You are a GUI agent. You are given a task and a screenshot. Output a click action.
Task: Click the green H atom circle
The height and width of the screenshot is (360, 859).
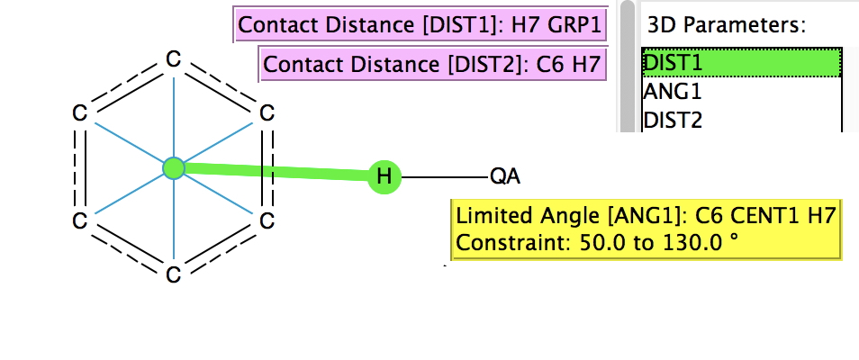(384, 176)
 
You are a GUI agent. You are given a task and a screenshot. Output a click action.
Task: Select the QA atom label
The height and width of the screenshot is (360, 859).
(504, 176)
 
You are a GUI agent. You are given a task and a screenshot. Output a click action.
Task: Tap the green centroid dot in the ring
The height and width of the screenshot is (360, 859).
(173, 167)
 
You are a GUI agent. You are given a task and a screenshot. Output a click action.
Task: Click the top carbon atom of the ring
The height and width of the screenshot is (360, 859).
(173, 59)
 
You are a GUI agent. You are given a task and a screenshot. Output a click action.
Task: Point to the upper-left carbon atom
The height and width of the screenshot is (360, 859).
(79, 113)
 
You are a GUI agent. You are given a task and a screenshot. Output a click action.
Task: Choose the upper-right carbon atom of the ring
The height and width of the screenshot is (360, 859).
(267, 113)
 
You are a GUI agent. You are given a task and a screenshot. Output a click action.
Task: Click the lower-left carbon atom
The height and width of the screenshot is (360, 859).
(79, 220)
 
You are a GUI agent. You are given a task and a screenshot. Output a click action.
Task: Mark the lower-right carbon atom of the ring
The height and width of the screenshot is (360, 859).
(267, 220)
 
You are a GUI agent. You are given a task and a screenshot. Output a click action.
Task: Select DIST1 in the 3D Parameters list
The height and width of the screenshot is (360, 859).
(673, 62)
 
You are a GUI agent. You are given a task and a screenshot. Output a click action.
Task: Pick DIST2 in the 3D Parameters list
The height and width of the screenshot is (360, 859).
(673, 119)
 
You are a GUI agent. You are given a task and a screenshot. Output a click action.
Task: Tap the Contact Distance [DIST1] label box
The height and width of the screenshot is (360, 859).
(420, 25)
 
